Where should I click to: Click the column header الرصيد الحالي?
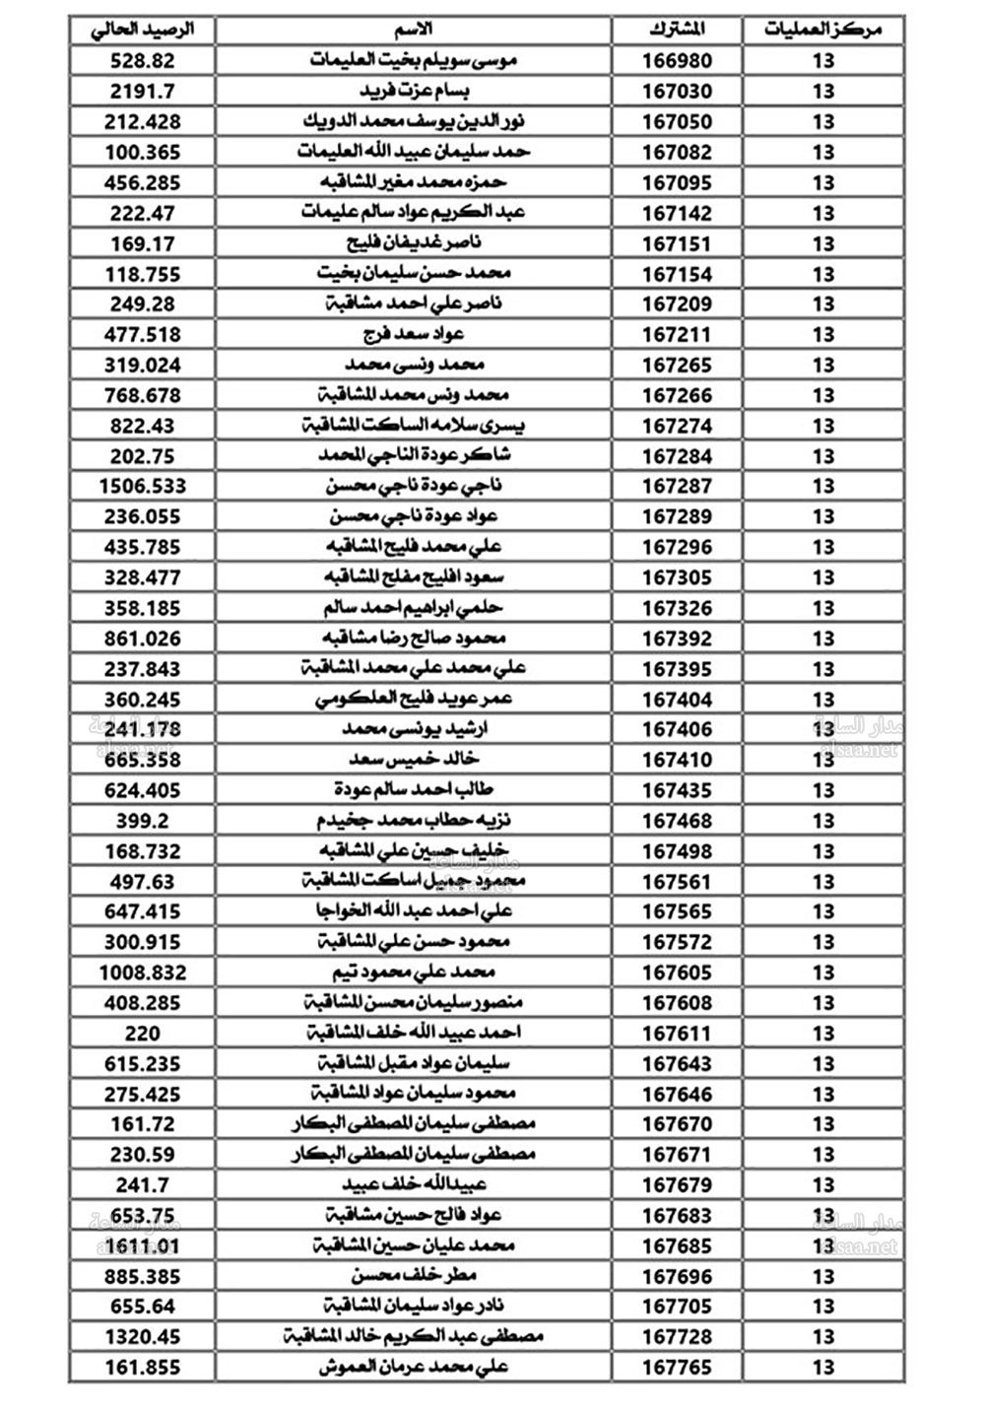pyautogui.click(x=143, y=30)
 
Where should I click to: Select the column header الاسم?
pyautogui.click(x=414, y=30)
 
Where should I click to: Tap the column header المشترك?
pyautogui.click(x=677, y=30)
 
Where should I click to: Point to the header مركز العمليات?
pyautogui.click(x=822, y=30)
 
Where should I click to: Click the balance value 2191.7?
pyautogui.click(x=143, y=91)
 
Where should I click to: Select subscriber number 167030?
pyautogui.click(x=677, y=91)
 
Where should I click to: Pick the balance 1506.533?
pyautogui.click(x=143, y=486)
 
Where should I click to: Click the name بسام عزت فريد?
pyautogui.click(x=414, y=91)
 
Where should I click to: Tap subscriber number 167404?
pyautogui.click(x=677, y=699)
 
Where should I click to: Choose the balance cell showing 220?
pyautogui.click(x=143, y=1033)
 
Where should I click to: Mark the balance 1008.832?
pyautogui.click(x=143, y=973)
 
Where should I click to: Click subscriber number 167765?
pyautogui.click(x=677, y=1367)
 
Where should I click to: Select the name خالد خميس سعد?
pyautogui.click(x=414, y=759)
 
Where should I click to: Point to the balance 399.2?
pyautogui.click(x=143, y=820)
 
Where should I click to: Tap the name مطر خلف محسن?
pyautogui.click(x=414, y=1276)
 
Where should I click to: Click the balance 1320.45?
pyautogui.click(x=143, y=1336)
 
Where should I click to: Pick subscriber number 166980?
pyautogui.click(x=677, y=60)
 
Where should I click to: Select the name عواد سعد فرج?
pyautogui.click(x=414, y=334)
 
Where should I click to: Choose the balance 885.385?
pyautogui.click(x=143, y=1276)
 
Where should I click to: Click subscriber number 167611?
pyautogui.click(x=677, y=1033)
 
